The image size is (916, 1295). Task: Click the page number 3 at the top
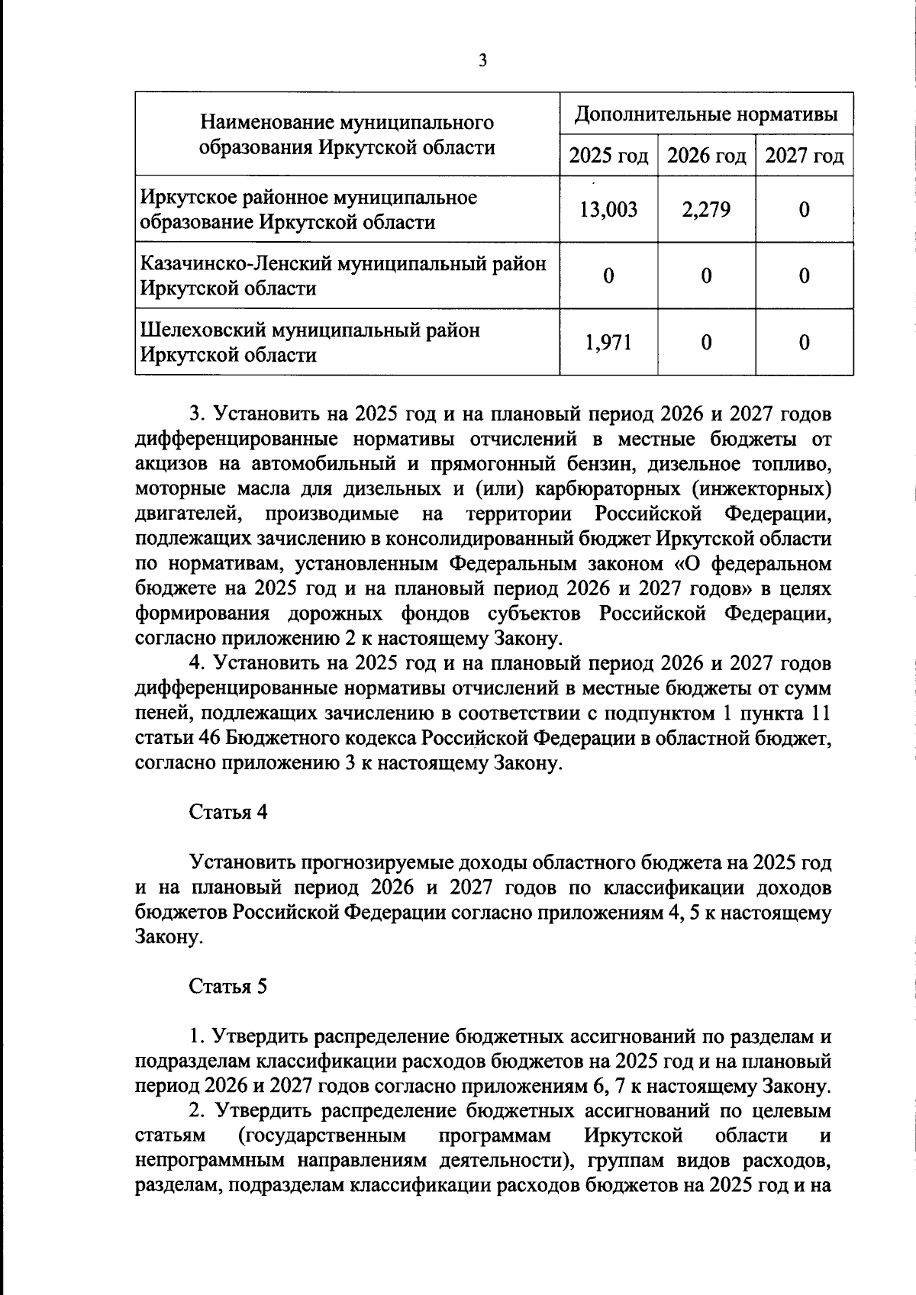click(482, 61)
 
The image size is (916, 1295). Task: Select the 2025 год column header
click(608, 156)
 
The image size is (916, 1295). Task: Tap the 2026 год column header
click(706, 156)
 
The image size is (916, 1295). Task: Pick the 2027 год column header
click(804, 156)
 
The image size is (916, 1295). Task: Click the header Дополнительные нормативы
click(706, 114)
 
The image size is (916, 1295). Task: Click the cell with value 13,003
click(608, 210)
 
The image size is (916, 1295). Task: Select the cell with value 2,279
click(706, 210)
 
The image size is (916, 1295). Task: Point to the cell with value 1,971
click(608, 343)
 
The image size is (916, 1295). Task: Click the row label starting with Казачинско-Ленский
click(343, 275)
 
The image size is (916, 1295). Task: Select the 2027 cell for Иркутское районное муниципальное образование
click(804, 210)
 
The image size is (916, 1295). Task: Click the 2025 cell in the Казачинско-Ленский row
click(608, 276)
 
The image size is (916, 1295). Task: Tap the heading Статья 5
click(227, 987)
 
